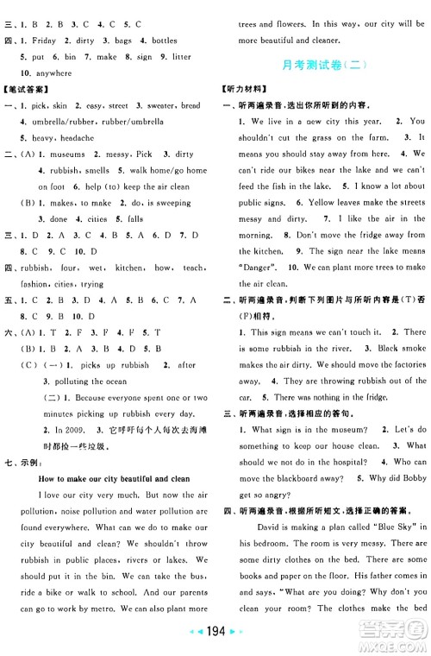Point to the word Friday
pyautogui.click(x=48, y=41)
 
